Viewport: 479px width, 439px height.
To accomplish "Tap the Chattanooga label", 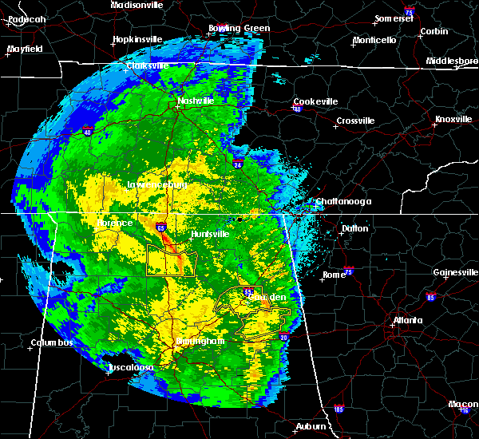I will point(343,201).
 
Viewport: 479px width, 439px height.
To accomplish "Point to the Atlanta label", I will point(408,321).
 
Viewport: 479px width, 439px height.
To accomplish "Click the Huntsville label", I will point(212,234).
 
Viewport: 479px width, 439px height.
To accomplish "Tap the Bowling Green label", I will point(239,29).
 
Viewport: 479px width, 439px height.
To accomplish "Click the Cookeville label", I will point(315,101).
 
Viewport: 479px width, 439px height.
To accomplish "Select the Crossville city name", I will point(355,121).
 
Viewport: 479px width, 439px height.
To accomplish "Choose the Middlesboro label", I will point(451,61).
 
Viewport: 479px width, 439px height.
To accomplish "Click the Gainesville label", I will point(455,272).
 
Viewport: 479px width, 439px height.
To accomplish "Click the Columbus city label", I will point(52,342).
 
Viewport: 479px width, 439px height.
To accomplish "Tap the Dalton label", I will point(355,228).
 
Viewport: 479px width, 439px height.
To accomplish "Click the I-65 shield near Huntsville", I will point(161,227).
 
